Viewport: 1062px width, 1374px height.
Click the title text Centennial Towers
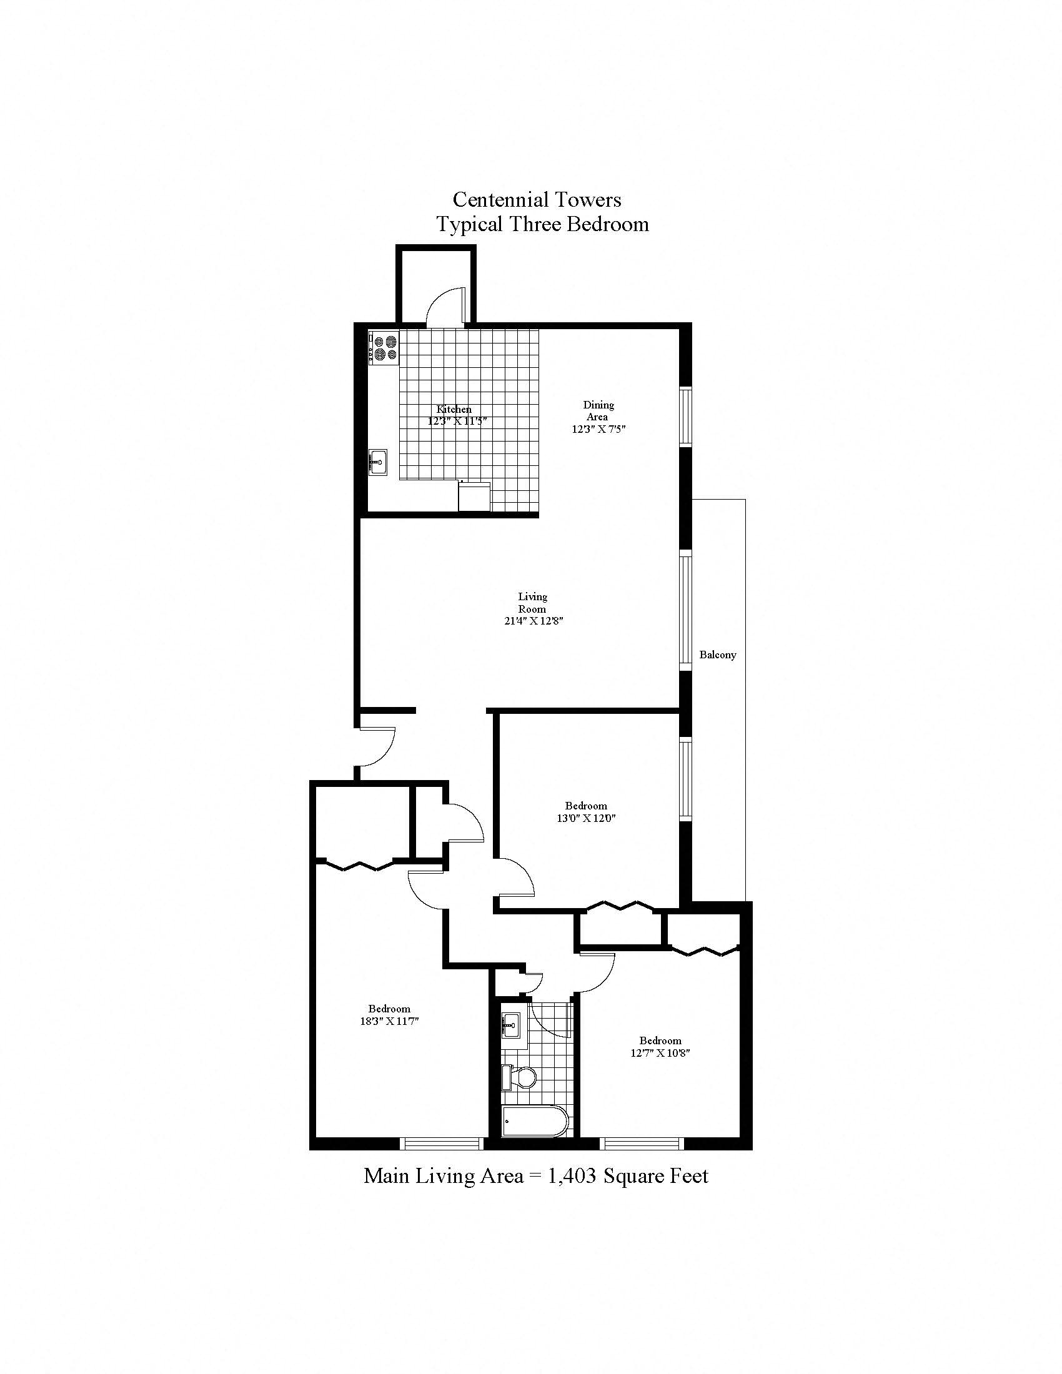tap(537, 200)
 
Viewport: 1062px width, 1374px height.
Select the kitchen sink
tap(377, 462)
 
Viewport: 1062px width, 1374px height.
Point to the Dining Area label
tap(598, 411)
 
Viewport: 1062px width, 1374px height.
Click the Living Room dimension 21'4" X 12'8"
tap(532, 621)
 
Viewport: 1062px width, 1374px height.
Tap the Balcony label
tap(717, 655)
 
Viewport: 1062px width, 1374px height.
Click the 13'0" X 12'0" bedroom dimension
tap(586, 819)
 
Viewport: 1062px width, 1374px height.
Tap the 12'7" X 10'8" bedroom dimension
tap(660, 1053)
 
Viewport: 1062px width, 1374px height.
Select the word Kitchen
tap(454, 410)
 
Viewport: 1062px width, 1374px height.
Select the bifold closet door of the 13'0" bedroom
tap(620, 907)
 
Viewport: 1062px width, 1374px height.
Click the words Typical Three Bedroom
tap(543, 225)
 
